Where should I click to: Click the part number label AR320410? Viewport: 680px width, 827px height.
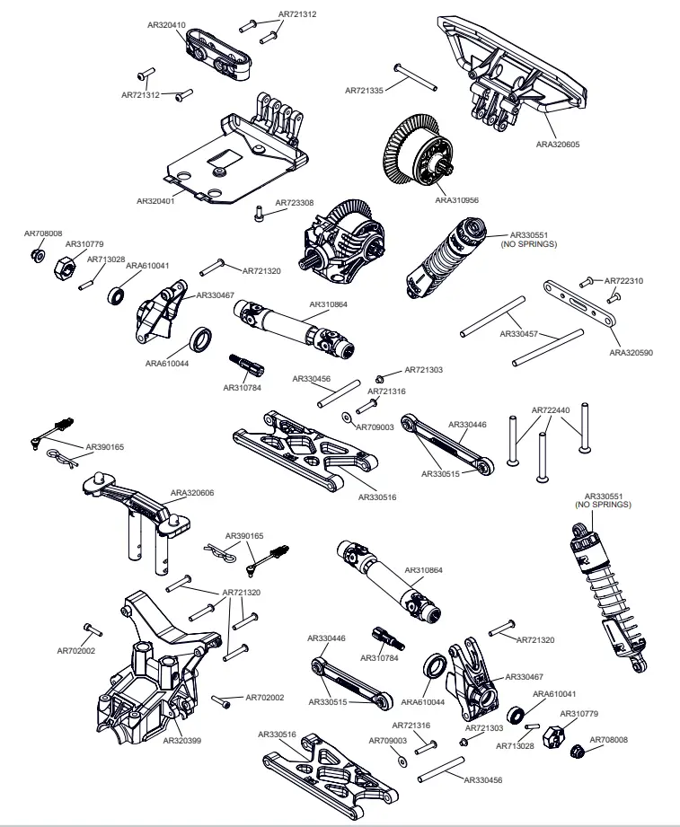pos(166,25)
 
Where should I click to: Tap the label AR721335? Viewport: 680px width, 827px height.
pos(365,90)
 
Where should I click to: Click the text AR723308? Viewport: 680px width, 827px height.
pos(294,203)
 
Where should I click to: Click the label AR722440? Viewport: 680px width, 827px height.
pos(551,410)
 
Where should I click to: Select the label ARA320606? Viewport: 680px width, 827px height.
pos(192,493)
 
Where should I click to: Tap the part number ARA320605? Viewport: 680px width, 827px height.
pos(558,144)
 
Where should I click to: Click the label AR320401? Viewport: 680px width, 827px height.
pos(155,201)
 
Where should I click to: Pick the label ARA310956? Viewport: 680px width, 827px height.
pos(457,201)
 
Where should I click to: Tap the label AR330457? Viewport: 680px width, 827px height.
pos(518,334)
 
